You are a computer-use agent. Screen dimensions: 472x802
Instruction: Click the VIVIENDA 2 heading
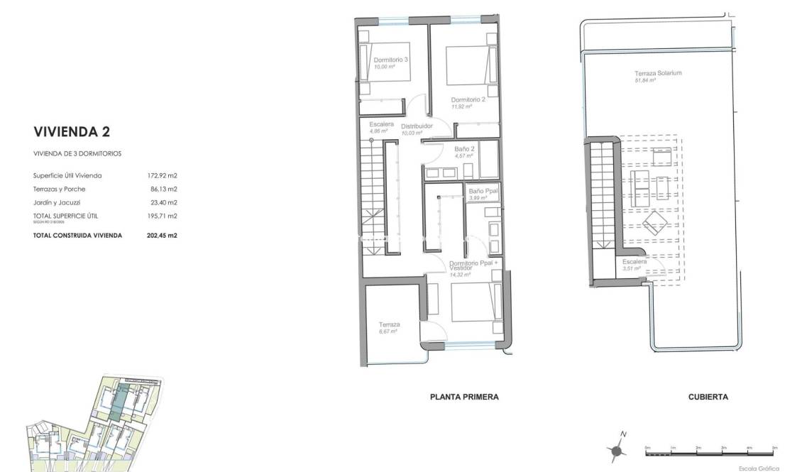pyautogui.click(x=72, y=131)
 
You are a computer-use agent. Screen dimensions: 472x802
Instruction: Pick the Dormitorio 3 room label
pyautogui.click(x=390, y=60)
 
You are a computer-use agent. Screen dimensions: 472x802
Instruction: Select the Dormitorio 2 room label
pyautogui.click(x=468, y=100)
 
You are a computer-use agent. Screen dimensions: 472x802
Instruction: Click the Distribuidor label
pyautogui.click(x=417, y=126)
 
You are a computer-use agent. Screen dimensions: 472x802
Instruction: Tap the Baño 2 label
pyautogui.click(x=464, y=149)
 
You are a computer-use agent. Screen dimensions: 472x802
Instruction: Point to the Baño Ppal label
pyautogui.click(x=483, y=192)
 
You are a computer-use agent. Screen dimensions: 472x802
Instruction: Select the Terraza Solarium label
pyautogui.click(x=658, y=74)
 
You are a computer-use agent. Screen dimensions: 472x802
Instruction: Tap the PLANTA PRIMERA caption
pyautogui.click(x=464, y=397)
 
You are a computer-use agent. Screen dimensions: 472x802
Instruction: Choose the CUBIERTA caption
pyautogui.click(x=708, y=397)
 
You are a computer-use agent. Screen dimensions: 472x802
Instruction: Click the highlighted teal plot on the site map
pyautogui.click(x=121, y=399)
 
